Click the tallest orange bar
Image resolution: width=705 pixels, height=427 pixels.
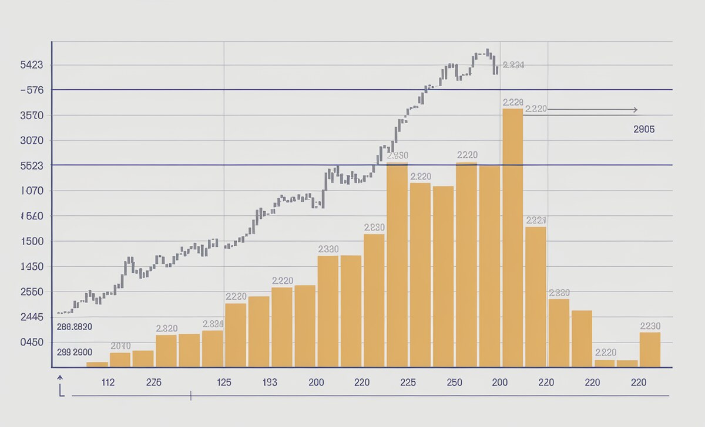click(x=513, y=238)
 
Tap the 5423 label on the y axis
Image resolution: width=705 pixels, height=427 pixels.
click(x=31, y=65)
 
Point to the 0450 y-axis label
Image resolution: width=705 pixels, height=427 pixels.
click(x=32, y=342)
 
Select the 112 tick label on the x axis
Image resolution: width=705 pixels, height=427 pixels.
click(x=108, y=382)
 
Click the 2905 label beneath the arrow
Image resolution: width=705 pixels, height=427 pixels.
click(x=644, y=130)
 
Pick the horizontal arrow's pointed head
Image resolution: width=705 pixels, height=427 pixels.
click(x=635, y=110)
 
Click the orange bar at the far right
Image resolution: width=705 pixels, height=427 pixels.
click(x=650, y=350)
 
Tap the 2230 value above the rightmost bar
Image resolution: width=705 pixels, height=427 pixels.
click(x=650, y=326)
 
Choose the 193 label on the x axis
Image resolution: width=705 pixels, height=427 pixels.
click(x=270, y=382)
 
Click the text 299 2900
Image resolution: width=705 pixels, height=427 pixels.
click(x=74, y=353)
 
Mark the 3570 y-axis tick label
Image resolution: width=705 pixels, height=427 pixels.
click(x=31, y=116)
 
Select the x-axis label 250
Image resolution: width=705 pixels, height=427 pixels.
click(x=454, y=382)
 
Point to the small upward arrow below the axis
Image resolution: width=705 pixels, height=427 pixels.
click(x=60, y=378)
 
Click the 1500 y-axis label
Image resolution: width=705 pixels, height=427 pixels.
click(x=32, y=241)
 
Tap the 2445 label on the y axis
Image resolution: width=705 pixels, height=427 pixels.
click(x=32, y=317)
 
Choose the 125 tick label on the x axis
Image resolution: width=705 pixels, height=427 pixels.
click(x=224, y=382)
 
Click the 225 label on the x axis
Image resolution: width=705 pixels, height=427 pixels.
click(x=408, y=382)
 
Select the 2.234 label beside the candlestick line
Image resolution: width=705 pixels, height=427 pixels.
click(x=513, y=65)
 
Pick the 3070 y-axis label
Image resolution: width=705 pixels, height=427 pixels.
click(x=32, y=141)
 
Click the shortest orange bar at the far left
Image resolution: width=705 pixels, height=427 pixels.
click(x=97, y=364)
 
